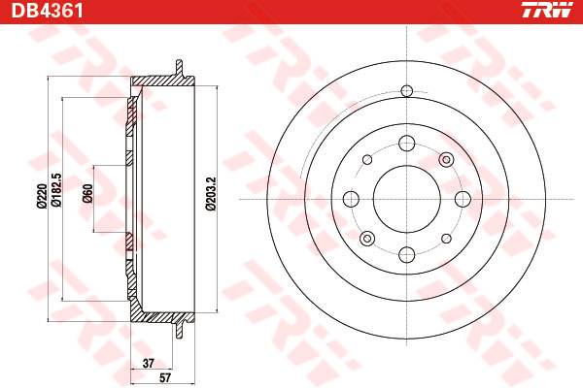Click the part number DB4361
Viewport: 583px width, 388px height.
pos(48,11)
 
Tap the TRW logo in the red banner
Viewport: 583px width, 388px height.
pos(546,10)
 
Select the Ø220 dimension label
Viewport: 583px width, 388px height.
pos(41,196)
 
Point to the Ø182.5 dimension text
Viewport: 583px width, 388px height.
pos(56,190)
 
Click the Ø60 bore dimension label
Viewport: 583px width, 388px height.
pos(87,193)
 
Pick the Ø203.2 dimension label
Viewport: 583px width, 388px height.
pos(211,194)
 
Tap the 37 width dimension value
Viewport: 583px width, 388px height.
pos(149,363)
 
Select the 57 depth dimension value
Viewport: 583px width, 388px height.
pos(165,378)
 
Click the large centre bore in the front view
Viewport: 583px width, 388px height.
pos(407,199)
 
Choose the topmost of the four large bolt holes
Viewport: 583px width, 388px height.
pos(407,144)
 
